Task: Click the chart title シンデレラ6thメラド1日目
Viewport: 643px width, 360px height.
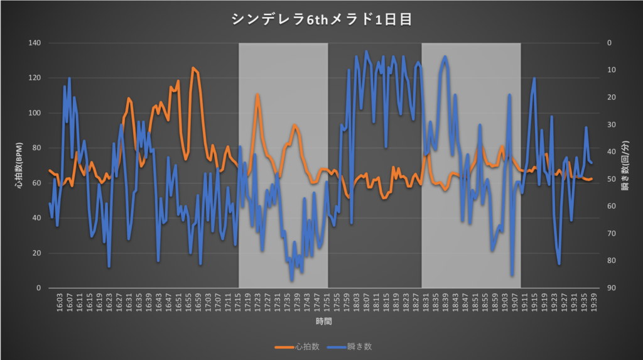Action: click(x=321, y=19)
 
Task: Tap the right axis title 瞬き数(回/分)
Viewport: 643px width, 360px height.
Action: click(x=626, y=165)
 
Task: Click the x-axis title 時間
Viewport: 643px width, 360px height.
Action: click(x=324, y=321)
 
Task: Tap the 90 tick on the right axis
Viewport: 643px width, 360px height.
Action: click(x=608, y=288)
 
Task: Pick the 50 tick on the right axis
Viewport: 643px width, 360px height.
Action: click(x=608, y=179)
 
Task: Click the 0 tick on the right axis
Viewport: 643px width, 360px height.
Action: click(x=607, y=43)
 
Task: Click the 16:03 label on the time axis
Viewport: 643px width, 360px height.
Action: click(x=60, y=301)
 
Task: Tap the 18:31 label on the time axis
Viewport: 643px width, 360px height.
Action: click(x=425, y=301)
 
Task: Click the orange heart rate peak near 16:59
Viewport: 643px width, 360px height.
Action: click(x=193, y=68)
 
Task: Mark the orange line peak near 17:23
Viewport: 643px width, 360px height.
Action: click(x=257, y=95)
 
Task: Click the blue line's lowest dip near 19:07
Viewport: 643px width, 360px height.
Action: click(x=512, y=275)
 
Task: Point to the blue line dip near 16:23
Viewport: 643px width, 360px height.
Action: click(x=109, y=266)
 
